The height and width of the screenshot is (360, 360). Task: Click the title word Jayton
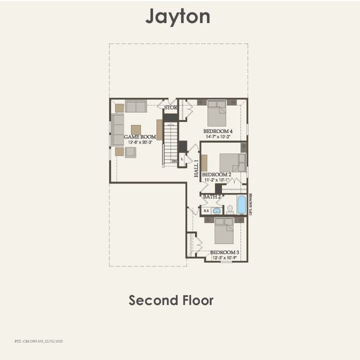[x=178, y=16]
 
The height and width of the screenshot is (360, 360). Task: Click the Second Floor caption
[x=171, y=300]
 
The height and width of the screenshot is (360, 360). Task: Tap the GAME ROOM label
[x=140, y=137]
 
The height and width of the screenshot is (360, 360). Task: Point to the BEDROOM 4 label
[x=218, y=131]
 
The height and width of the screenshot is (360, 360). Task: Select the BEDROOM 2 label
[x=217, y=174]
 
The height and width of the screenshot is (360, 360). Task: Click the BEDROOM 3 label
[x=224, y=253]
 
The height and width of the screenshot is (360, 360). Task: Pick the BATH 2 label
[x=212, y=196]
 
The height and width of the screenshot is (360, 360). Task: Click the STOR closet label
[x=171, y=108]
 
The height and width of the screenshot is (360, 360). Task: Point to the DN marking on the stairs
[x=174, y=161]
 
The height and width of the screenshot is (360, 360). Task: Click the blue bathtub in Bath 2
[x=241, y=205]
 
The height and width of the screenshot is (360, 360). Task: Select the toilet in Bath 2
[x=229, y=209]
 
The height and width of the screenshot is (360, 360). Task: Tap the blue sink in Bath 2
[x=216, y=211]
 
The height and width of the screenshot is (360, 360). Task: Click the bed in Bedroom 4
[x=217, y=112]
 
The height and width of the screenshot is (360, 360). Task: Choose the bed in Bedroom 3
[x=224, y=230]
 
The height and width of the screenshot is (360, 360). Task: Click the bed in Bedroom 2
[x=231, y=163]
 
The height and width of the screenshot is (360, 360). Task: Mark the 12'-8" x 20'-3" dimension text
[x=140, y=143]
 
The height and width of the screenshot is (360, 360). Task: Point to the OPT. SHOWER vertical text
[x=251, y=204]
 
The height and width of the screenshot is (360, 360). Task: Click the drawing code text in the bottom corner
[x=38, y=341]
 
